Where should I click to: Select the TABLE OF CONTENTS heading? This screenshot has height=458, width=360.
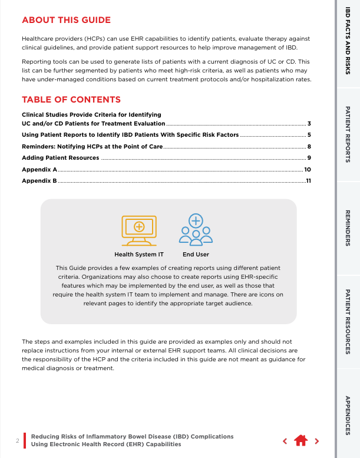click(x=71, y=100)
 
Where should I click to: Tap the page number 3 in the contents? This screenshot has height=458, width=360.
click(x=309, y=124)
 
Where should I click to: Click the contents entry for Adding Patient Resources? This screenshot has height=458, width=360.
click(x=61, y=157)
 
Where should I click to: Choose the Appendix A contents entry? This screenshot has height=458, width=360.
click(x=39, y=169)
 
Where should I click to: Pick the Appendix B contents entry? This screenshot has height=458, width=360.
click(x=39, y=180)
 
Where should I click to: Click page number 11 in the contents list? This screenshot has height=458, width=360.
click(x=308, y=180)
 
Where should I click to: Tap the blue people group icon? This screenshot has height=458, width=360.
click(x=196, y=229)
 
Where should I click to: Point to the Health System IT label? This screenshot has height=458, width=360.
click(x=139, y=255)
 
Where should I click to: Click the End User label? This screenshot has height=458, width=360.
click(x=196, y=255)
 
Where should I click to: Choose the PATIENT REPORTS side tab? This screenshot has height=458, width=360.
click(x=348, y=136)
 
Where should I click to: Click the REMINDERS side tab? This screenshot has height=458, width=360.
click(x=348, y=228)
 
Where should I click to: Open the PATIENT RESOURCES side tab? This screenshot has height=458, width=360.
click(x=348, y=321)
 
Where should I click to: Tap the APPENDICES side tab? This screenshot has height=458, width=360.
click(x=348, y=415)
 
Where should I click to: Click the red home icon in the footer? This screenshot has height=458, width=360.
click(x=301, y=440)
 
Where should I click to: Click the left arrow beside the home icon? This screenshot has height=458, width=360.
click(x=285, y=440)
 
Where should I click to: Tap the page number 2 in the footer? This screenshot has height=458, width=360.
click(x=18, y=441)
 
